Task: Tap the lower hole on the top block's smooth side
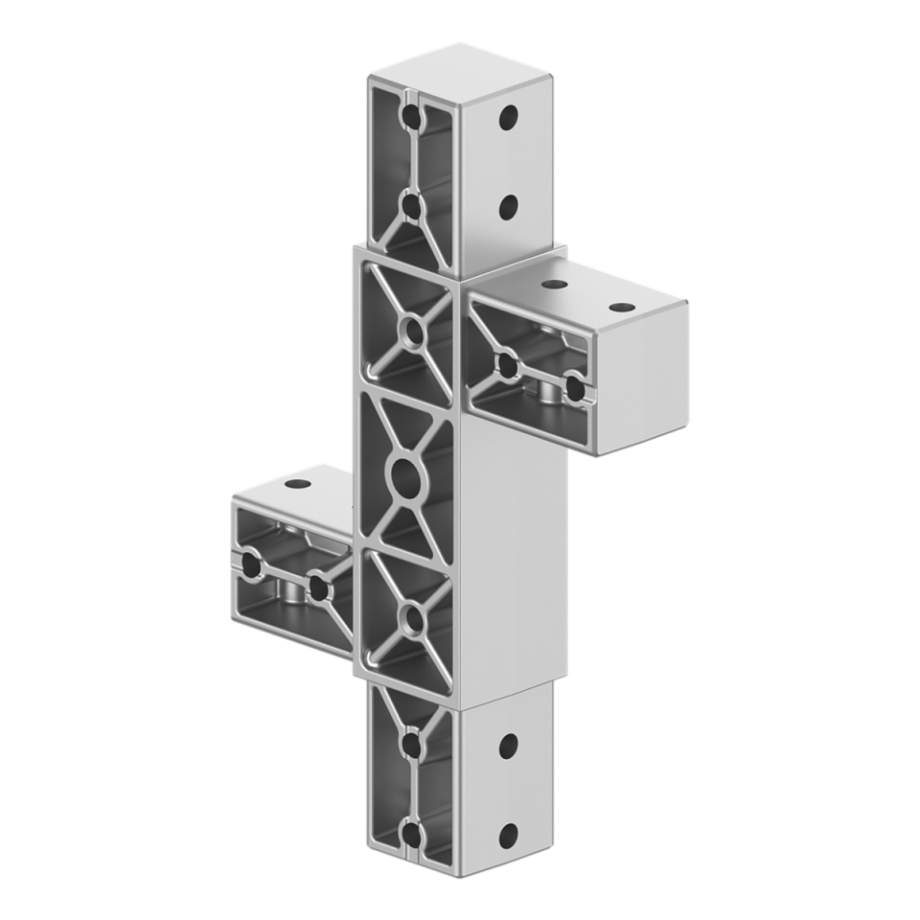[x=509, y=204]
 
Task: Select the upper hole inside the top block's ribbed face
[x=413, y=117]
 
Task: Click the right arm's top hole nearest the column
[x=552, y=285]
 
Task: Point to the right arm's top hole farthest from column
[x=622, y=309]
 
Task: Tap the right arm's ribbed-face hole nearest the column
[x=507, y=364]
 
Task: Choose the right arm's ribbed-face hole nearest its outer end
[x=574, y=388]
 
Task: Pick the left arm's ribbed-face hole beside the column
[x=317, y=586]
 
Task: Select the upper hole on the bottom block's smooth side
[x=509, y=744]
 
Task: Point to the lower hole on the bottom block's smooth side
[x=509, y=832]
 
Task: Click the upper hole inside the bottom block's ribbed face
[x=413, y=744]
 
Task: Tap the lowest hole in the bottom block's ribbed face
[x=413, y=831]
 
